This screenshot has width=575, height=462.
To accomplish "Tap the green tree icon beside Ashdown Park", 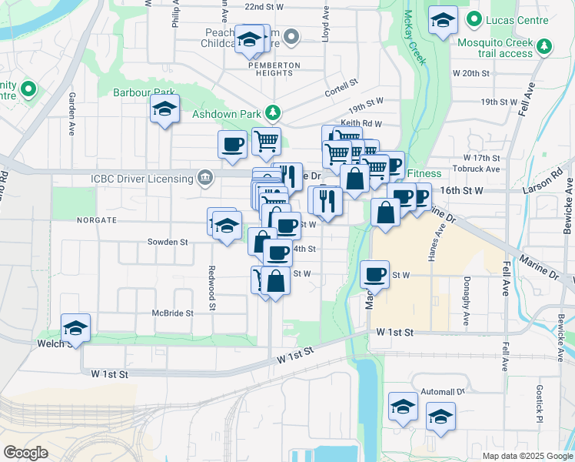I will pyautogui.click(x=272, y=113).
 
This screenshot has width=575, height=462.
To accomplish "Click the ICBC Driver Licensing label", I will pyautogui.click(x=142, y=179).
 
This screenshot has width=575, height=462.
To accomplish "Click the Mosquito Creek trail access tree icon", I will pyautogui.click(x=545, y=47).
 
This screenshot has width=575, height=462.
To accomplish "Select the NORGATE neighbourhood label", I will pyautogui.click(x=96, y=219).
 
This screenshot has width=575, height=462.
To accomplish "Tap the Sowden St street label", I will pyautogui.click(x=168, y=242).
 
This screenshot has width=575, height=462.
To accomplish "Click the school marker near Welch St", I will pyautogui.click(x=75, y=329).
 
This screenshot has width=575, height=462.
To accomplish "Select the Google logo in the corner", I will pyautogui.click(x=25, y=453).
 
